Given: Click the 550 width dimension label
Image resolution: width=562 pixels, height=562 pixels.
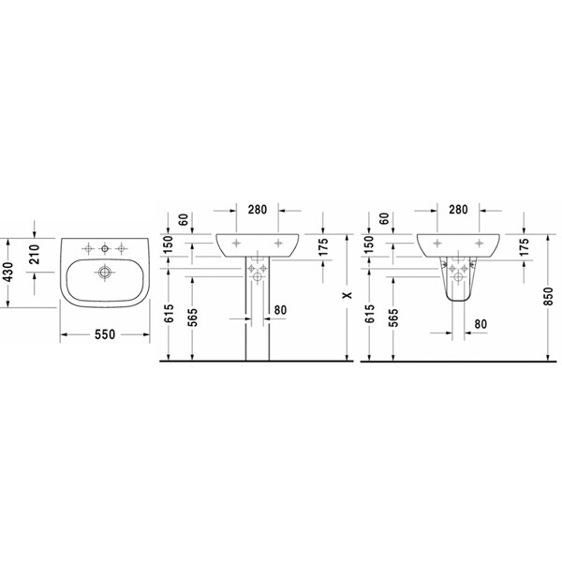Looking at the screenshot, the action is (x=105, y=334).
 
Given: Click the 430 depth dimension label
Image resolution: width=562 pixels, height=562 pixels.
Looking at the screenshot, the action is (x=7, y=273).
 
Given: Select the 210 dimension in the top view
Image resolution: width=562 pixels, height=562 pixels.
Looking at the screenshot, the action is (x=35, y=254).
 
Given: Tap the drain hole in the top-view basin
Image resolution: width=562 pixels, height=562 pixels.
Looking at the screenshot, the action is (x=104, y=273).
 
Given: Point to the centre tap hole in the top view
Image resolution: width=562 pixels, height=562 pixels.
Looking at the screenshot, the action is (x=105, y=248).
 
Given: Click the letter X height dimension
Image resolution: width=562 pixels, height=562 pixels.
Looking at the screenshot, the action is (x=347, y=295).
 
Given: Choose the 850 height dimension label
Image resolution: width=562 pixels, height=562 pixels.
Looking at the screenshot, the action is (x=548, y=296).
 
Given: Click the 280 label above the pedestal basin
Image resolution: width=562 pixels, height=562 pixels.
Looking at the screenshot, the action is (x=258, y=209).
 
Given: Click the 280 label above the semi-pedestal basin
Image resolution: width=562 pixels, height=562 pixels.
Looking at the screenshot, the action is (x=458, y=209).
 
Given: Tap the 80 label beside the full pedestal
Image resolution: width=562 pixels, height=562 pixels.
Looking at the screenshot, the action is (x=281, y=310).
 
